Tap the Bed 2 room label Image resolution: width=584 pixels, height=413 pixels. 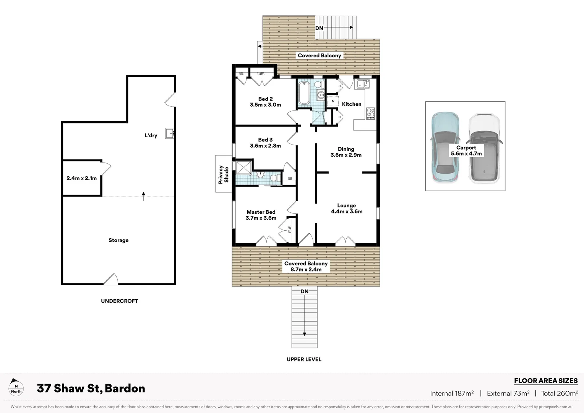265,102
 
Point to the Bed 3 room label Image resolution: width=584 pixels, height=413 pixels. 265,143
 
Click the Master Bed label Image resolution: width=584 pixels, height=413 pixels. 261,215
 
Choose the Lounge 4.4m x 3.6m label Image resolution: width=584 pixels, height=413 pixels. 347,208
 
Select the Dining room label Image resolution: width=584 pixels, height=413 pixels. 346,152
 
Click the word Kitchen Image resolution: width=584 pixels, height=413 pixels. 351,104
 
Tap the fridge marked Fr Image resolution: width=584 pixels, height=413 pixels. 333,101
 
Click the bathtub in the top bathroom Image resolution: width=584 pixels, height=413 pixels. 304,93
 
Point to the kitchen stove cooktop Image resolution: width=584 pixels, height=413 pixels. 370,114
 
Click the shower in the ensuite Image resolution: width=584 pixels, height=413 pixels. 244,168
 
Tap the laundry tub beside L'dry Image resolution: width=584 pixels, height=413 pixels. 170,133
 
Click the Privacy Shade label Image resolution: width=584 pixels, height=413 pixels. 223,174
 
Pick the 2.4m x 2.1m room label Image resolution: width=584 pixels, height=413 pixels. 81,178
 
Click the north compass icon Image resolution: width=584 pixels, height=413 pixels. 16,387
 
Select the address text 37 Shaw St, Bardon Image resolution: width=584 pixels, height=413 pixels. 91,389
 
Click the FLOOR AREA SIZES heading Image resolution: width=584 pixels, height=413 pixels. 545,380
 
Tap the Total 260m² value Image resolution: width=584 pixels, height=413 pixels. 559,393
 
